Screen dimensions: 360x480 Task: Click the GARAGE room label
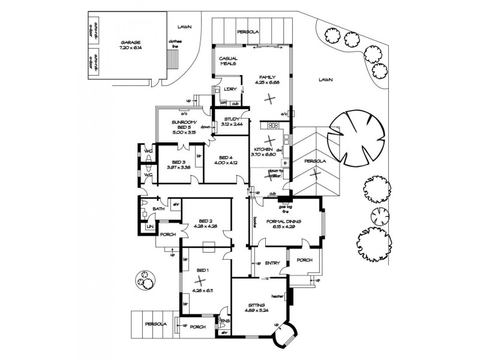coord(130,43)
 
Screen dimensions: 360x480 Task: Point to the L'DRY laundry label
coord(229,89)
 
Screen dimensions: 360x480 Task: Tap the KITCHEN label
coord(264,149)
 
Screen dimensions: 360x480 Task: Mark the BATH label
coord(158,209)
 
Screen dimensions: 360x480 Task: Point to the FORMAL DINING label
coord(285,221)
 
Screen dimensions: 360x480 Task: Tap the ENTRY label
coord(272,263)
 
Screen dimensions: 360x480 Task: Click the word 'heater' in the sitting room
coord(277,296)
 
